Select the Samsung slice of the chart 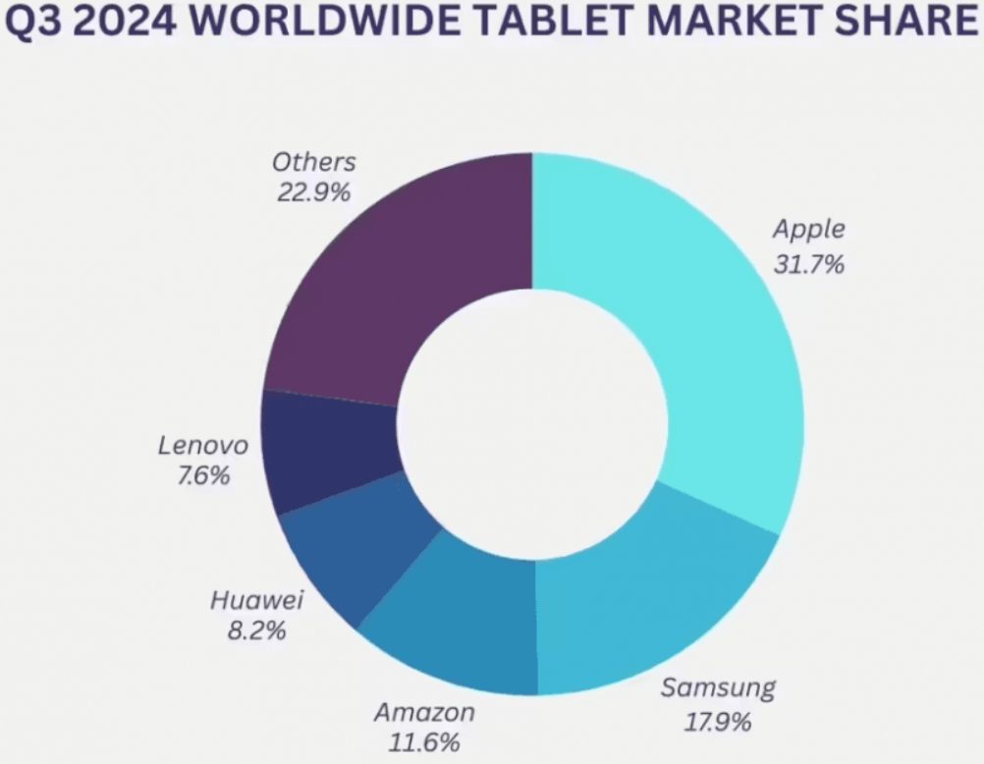[x=648, y=599]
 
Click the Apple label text [x=808, y=230]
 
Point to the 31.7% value [x=808, y=264]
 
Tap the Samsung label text [x=718, y=687]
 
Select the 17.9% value [x=718, y=723]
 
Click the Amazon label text [x=425, y=711]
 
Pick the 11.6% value [x=425, y=743]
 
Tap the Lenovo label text [x=203, y=445]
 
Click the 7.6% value [x=203, y=477]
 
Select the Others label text [x=314, y=161]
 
